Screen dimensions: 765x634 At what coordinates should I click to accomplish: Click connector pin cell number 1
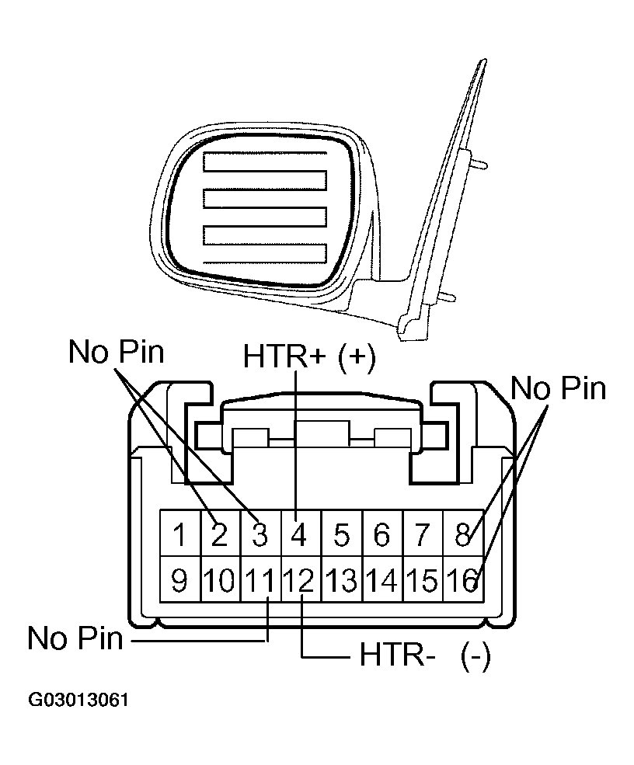tap(179, 534)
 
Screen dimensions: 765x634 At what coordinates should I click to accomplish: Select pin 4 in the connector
tap(300, 534)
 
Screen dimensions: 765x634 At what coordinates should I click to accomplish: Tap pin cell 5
tap(341, 534)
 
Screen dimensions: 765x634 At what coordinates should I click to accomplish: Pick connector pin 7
tap(422, 534)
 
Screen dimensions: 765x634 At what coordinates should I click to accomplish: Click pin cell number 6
tap(381, 534)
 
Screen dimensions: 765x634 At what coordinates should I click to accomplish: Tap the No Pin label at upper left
tap(117, 352)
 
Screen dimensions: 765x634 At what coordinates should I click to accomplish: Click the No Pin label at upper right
tap(559, 388)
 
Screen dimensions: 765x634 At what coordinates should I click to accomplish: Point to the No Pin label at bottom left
tap(75, 639)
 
